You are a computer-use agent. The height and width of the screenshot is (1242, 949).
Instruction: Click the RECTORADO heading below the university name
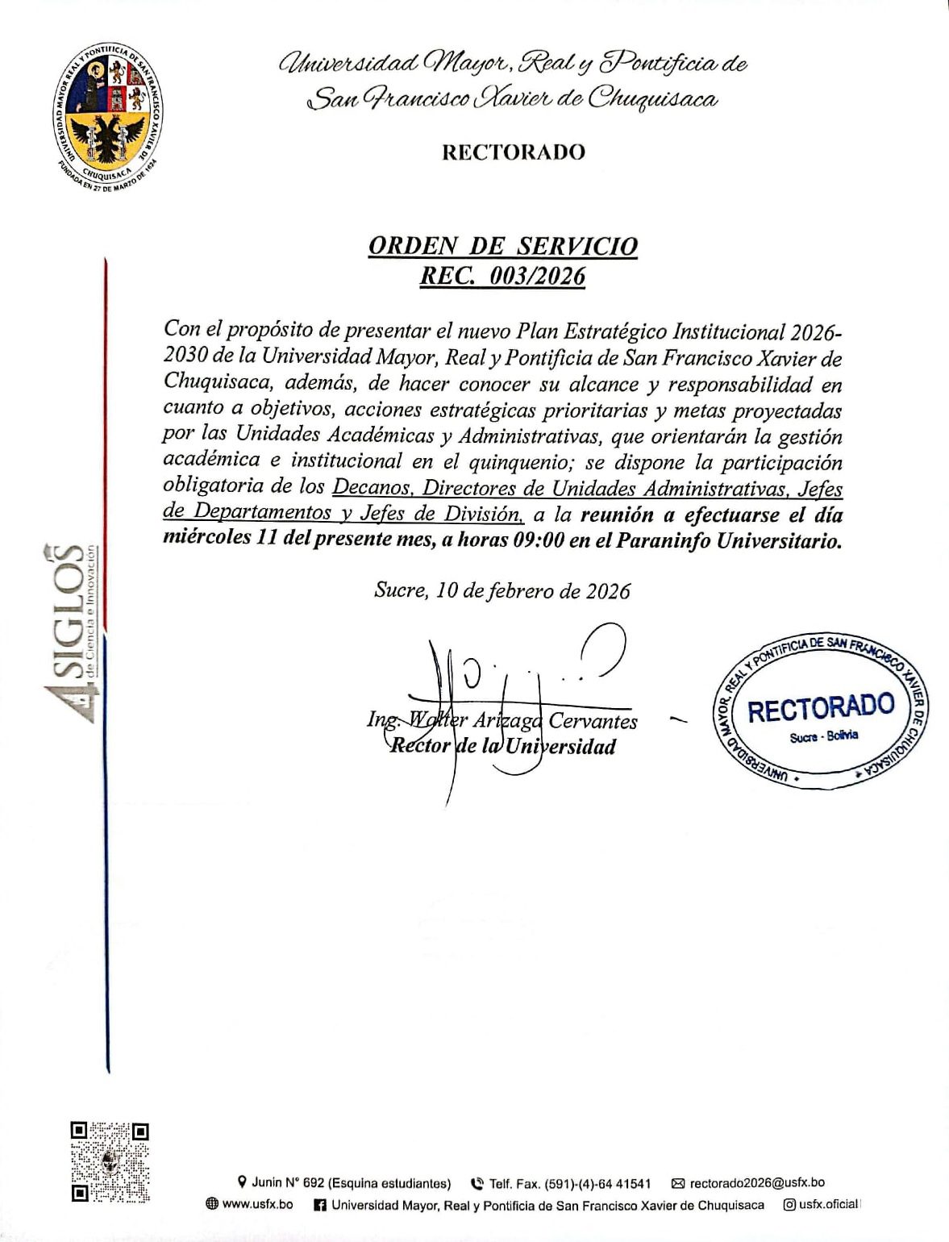click(x=514, y=152)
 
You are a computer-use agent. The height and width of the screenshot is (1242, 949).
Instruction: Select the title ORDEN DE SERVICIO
click(x=502, y=246)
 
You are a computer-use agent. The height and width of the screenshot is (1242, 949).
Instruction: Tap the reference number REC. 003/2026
click(x=502, y=277)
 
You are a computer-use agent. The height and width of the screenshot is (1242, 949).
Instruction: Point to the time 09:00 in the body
click(x=538, y=540)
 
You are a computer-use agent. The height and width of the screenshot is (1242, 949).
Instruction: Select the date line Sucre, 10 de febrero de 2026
click(x=502, y=591)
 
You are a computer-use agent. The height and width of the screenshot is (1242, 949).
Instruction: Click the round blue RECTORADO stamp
click(x=821, y=711)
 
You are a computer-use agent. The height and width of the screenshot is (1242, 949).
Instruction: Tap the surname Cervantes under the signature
click(x=593, y=721)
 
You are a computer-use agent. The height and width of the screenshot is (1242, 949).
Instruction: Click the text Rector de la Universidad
click(x=502, y=746)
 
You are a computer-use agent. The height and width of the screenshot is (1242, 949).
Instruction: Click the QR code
click(x=110, y=1162)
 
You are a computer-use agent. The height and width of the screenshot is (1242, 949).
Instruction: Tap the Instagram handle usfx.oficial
click(x=827, y=1205)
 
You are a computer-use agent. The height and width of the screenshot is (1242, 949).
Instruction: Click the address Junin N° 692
click(x=288, y=1183)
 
